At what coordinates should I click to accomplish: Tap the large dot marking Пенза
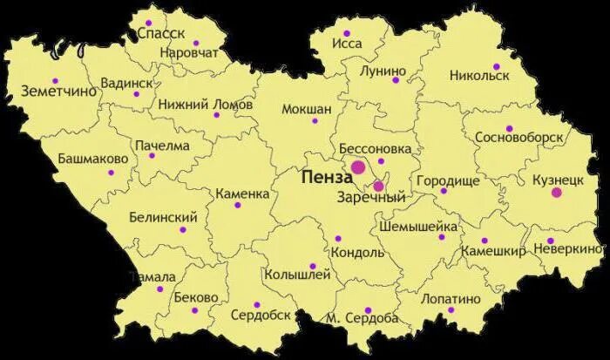click(358, 167)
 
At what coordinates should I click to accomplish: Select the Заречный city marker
click(378, 186)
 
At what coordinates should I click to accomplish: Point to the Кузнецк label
click(557, 178)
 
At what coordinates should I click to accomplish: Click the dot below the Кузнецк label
click(557, 193)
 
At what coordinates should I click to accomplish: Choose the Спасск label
click(161, 33)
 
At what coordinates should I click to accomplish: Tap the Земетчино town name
click(58, 91)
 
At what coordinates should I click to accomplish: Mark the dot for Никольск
click(497, 66)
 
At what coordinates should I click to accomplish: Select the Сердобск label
click(261, 315)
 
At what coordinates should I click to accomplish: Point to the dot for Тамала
click(159, 289)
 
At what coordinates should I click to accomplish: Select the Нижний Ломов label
click(205, 104)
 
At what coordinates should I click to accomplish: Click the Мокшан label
click(307, 109)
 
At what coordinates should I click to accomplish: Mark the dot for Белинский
click(183, 230)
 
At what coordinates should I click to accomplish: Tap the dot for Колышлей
click(313, 267)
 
